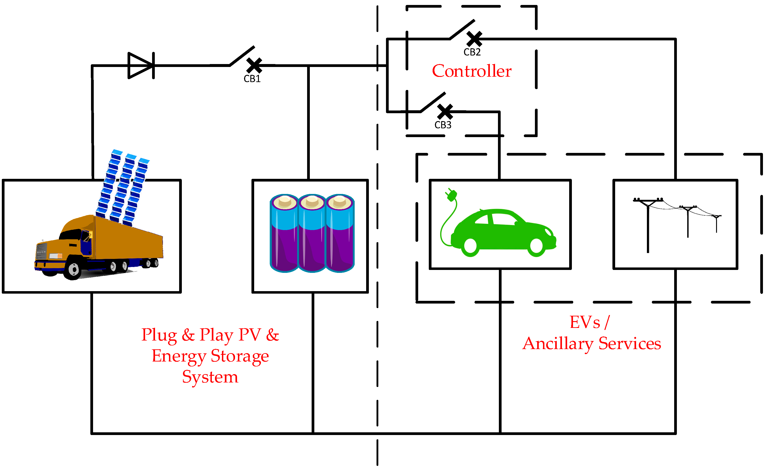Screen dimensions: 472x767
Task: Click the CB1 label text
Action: [x=252, y=79]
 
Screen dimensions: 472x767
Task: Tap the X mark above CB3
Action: [x=445, y=111]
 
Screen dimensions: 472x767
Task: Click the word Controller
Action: [x=472, y=71]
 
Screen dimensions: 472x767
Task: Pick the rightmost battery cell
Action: [x=340, y=233]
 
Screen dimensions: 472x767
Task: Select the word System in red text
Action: [x=210, y=377]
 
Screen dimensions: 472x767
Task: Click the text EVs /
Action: [x=589, y=322]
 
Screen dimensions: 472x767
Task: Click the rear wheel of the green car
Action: [x=470, y=246]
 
